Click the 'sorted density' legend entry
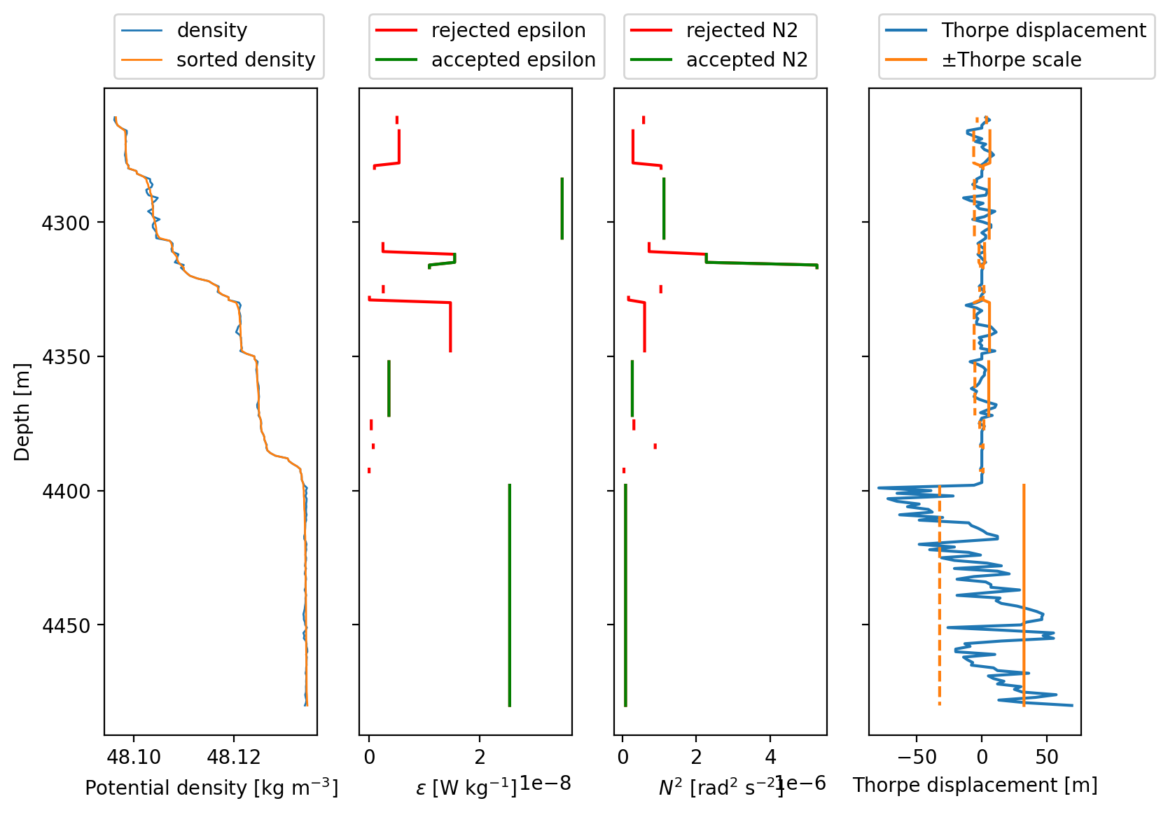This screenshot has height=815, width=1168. click(x=218, y=60)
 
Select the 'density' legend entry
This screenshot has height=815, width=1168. click(x=184, y=30)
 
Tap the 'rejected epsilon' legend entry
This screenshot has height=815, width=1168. click(x=481, y=30)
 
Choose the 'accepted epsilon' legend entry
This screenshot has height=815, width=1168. click(x=486, y=60)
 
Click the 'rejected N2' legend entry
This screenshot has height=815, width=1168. click(x=714, y=30)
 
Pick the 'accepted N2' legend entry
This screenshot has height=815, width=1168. click(x=720, y=60)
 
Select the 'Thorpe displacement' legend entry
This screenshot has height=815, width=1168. click(x=1016, y=30)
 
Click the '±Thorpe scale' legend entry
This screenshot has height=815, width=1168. click(x=983, y=60)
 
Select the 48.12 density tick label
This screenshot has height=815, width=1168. click(x=234, y=757)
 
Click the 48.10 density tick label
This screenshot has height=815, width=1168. click(x=134, y=757)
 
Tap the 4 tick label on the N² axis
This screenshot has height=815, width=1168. click(x=770, y=757)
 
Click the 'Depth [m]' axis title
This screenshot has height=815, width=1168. click(x=22, y=412)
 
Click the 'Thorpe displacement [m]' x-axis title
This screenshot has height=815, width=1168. click(x=975, y=786)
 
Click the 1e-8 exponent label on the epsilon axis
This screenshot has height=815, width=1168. click(x=545, y=783)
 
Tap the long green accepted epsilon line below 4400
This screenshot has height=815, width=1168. click(x=510, y=595)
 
